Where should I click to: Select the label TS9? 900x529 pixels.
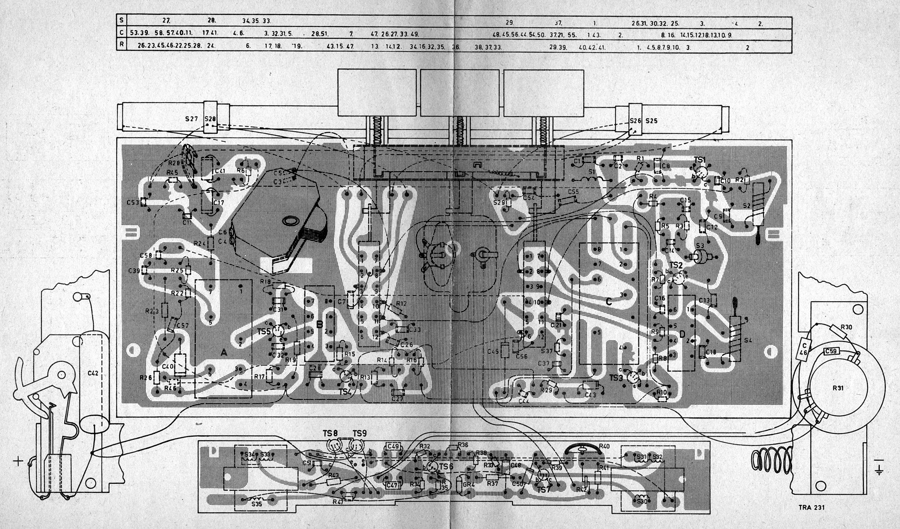coord(360,434)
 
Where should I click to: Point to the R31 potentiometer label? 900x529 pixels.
coord(838,388)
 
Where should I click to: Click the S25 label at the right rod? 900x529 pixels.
coord(651,121)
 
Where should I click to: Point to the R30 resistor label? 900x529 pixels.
coord(846,327)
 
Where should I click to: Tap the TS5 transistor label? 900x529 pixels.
coord(264,332)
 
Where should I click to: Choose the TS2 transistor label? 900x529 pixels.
coord(676,265)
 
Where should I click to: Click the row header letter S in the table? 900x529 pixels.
coord(122,21)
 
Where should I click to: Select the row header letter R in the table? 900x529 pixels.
coord(122,45)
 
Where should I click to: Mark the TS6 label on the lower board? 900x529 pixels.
coord(446,467)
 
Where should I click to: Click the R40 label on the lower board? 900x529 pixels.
coord(604,446)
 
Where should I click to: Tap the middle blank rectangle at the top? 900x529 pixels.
coord(460,93)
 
